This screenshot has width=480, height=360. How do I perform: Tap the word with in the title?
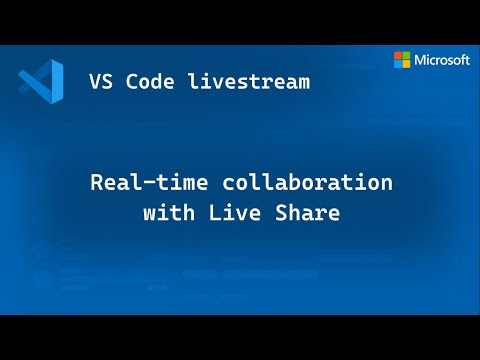[167, 213]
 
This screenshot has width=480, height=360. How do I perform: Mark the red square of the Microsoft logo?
[398, 55]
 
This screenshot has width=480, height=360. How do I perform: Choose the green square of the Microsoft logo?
[406, 55]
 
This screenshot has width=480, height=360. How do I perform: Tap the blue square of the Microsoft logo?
[398, 64]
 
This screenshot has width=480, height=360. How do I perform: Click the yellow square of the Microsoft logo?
[406, 64]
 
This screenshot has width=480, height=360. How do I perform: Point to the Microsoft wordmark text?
[442, 60]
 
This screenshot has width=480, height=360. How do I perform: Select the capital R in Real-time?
[97, 184]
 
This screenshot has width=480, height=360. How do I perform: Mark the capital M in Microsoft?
[420, 60]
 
